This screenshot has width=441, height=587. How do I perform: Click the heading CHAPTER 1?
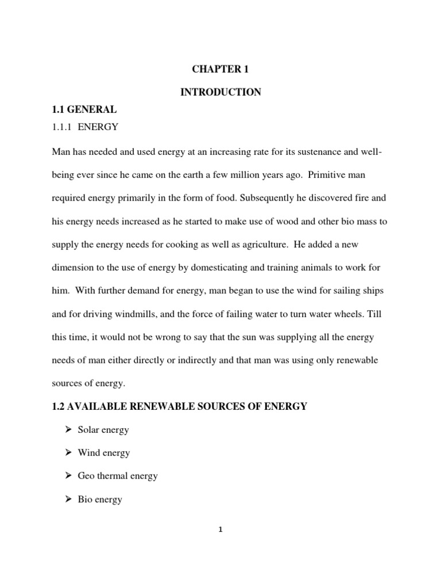[x=220, y=69]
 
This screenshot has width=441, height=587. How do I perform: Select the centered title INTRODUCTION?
[x=220, y=92]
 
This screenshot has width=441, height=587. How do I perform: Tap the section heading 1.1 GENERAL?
[x=84, y=110]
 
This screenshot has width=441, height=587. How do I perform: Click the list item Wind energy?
[x=104, y=453]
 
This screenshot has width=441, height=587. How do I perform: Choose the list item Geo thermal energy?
[x=118, y=476]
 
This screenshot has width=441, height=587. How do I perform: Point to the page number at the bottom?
[x=220, y=529]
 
